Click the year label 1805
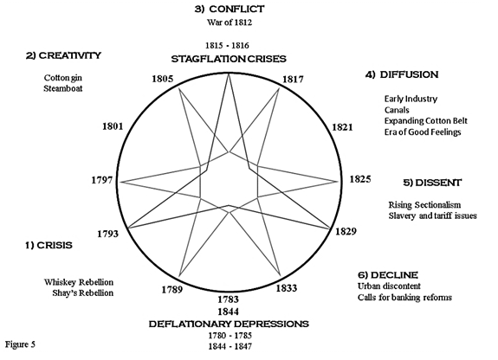coord(163,79)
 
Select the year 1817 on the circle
coord(293,79)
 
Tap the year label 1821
coord(342,127)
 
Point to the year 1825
coord(360,179)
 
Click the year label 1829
coord(346,231)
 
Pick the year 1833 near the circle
coord(287,288)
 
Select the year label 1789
coord(172,290)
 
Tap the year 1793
coord(107,234)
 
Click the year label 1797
coord(102,180)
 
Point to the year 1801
coord(113,126)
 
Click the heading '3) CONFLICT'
coord(230,10)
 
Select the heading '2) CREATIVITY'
coord(63,55)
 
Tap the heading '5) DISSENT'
coord(432,183)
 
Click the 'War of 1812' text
coord(230,22)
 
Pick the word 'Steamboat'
coord(63,88)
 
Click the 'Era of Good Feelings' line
coord(423,132)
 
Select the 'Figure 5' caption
coord(20,344)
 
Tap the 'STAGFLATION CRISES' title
coord(229,59)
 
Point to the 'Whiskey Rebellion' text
coord(79,282)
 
